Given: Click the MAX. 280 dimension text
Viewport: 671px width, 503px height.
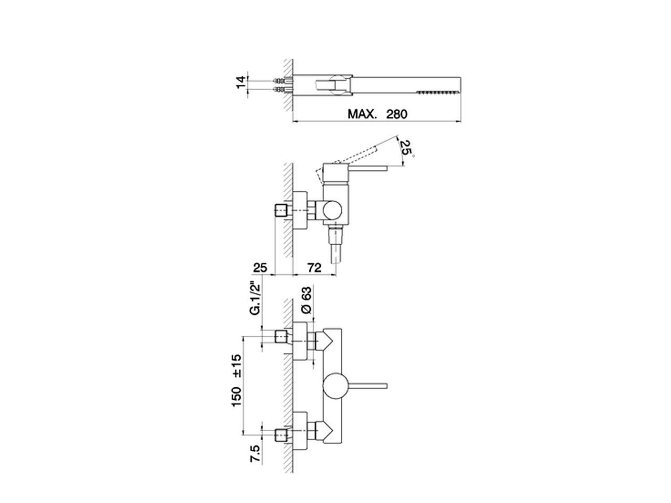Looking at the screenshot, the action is point(377,114).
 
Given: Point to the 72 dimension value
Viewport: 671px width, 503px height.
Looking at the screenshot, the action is point(314,268).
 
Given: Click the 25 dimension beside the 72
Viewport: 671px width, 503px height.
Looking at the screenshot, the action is point(260,268).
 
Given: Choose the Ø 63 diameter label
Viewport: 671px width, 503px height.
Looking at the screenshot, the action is point(306,300).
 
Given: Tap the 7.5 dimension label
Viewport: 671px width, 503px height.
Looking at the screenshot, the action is point(256,455).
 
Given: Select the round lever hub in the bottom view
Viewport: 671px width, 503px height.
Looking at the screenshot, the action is point(335,386).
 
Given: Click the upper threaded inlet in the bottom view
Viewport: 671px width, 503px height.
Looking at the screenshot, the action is point(282,337).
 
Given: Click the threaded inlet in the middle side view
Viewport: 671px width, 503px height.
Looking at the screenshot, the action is point(282,211).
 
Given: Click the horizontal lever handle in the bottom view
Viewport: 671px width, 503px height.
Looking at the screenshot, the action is point(368,386).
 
